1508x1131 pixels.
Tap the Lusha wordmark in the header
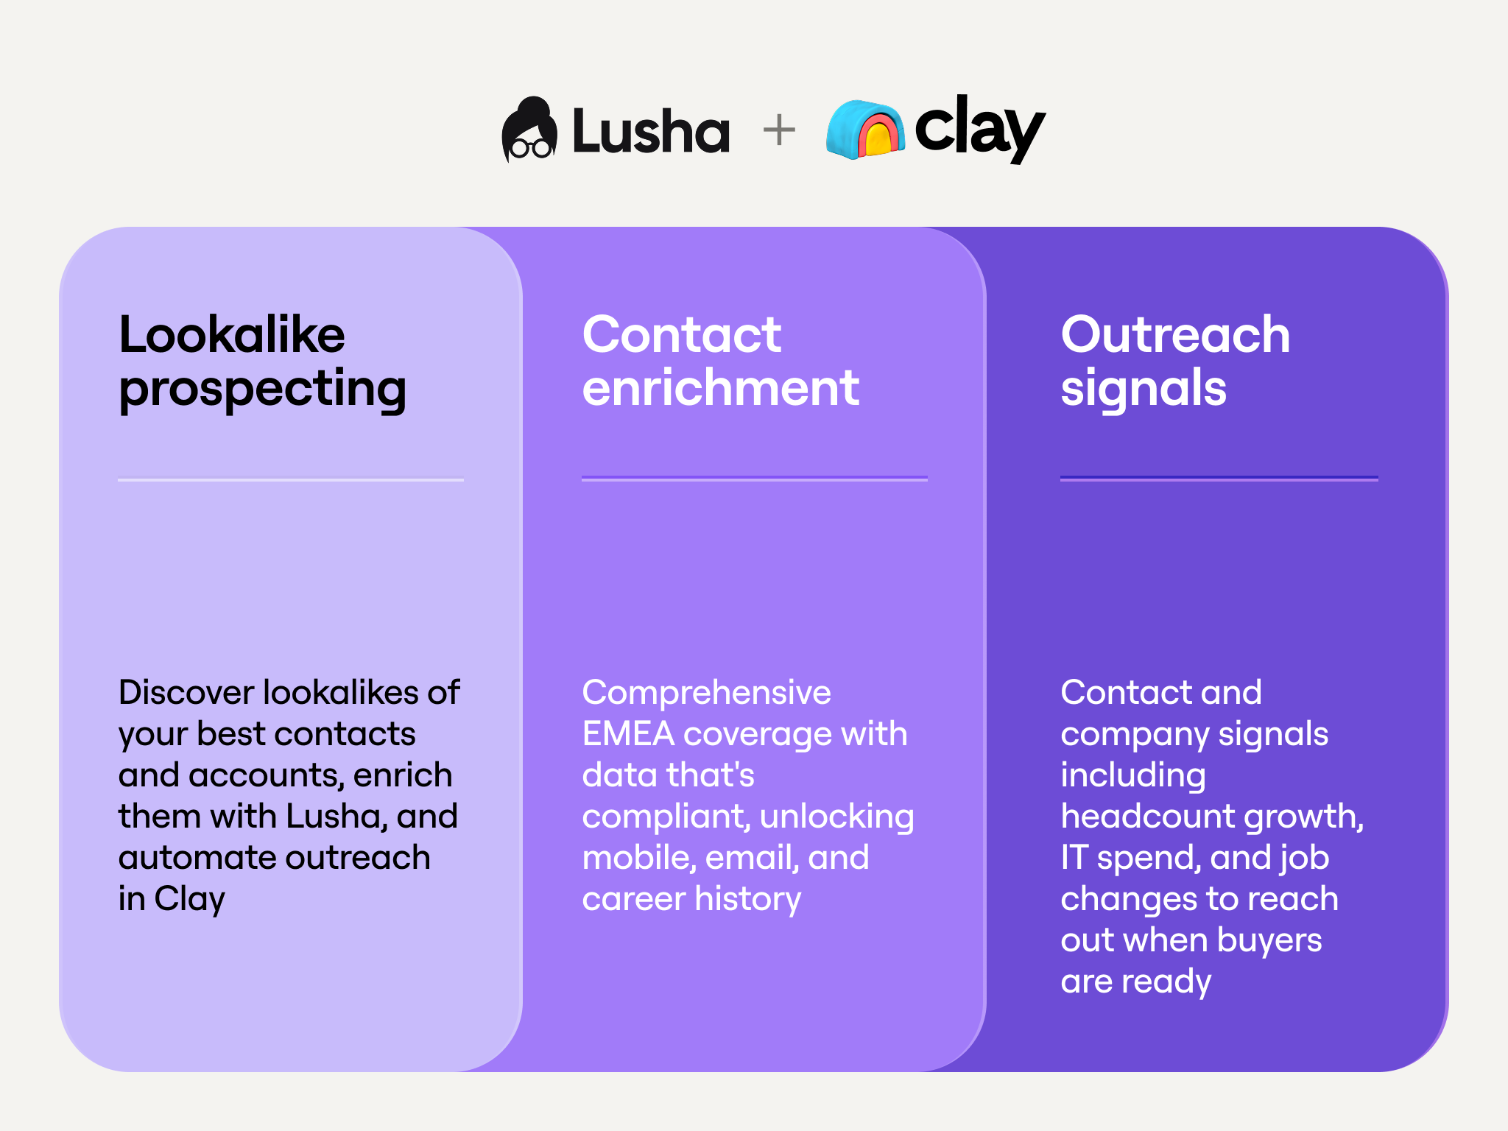651,132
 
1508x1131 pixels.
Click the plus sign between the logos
779,131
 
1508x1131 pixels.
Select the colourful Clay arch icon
865,130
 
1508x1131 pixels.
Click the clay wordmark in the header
979,129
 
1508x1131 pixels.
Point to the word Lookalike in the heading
232,335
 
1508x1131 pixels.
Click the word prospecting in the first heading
262,389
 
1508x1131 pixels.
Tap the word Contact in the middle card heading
682,335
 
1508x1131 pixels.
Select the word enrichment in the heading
721,388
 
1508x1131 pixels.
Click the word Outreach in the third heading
1175,335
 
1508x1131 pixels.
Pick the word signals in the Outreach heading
1144,388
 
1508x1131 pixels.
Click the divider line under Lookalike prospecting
291,479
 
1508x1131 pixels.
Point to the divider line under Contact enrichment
754,479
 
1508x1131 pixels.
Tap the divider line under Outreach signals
1219,479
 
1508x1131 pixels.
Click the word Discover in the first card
186,693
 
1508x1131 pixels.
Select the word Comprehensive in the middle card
706,693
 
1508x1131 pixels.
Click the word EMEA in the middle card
628,734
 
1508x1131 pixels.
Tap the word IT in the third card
1074,858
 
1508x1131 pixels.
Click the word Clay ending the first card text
189,899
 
